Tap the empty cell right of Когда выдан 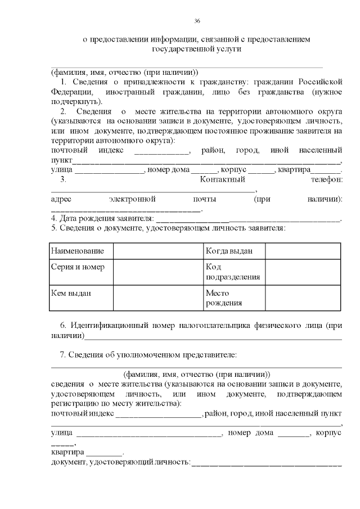(303, 250)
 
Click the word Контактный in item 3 (223, 179)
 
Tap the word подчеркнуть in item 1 (75, 102)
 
